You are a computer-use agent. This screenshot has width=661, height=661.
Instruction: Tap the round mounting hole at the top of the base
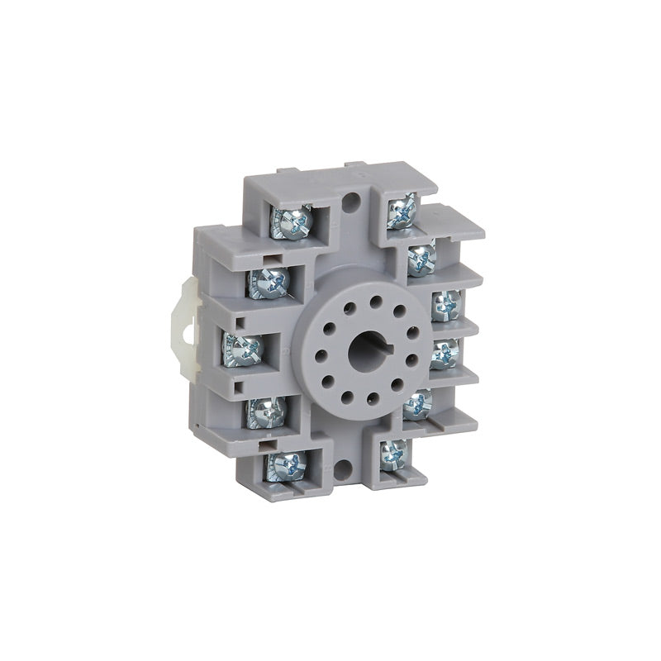352,199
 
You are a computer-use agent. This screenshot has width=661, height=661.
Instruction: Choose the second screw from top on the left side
269,283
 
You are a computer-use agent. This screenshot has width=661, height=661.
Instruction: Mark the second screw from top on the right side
421,258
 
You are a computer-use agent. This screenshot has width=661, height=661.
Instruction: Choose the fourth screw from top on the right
445,354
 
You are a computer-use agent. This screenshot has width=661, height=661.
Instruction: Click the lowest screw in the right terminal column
393,454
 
